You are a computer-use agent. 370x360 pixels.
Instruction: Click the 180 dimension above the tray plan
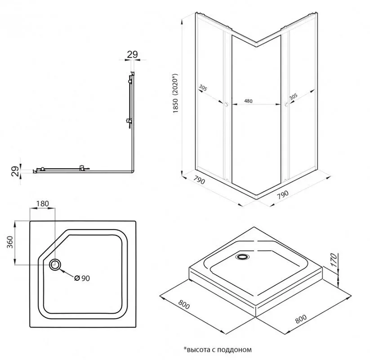(42, 203)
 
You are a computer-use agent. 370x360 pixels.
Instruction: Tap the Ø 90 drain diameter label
(83, 278)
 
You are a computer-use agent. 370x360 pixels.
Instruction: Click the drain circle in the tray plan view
(56, 265)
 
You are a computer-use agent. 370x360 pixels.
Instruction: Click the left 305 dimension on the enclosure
(203, 89)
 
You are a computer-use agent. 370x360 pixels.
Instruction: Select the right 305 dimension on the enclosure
(293, 96)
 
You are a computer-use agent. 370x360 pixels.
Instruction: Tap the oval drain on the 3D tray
(242, 257)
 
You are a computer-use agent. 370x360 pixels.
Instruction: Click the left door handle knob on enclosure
(226, 105)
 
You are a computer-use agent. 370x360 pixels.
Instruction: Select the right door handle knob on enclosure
(286, 105)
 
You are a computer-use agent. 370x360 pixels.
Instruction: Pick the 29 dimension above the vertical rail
(132, 54)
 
